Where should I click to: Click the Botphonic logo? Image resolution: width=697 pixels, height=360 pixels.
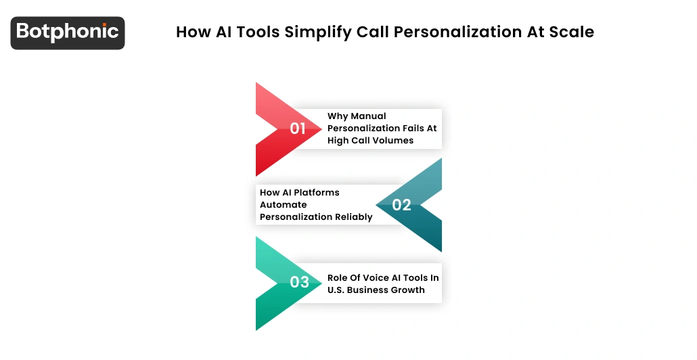click(68, 32)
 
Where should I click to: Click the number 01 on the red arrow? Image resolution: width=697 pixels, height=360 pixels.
click(298, 129)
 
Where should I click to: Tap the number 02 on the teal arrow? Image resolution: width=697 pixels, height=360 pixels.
click(402, 205)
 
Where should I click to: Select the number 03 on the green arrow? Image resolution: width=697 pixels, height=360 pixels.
click(299, 282)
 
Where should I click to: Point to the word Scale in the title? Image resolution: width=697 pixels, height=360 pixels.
click(572, 32)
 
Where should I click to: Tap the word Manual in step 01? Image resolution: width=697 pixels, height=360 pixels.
click(369, 116)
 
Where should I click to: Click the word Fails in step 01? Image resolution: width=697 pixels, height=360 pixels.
click(411, 129)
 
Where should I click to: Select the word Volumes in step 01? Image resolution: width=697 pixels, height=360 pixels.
click(392, 141)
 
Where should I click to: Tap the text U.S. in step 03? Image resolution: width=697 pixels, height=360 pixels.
click(337, 290)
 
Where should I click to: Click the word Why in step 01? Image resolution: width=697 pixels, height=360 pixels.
click(338, 116)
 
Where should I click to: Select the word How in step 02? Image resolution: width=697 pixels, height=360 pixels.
click(270, 193)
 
